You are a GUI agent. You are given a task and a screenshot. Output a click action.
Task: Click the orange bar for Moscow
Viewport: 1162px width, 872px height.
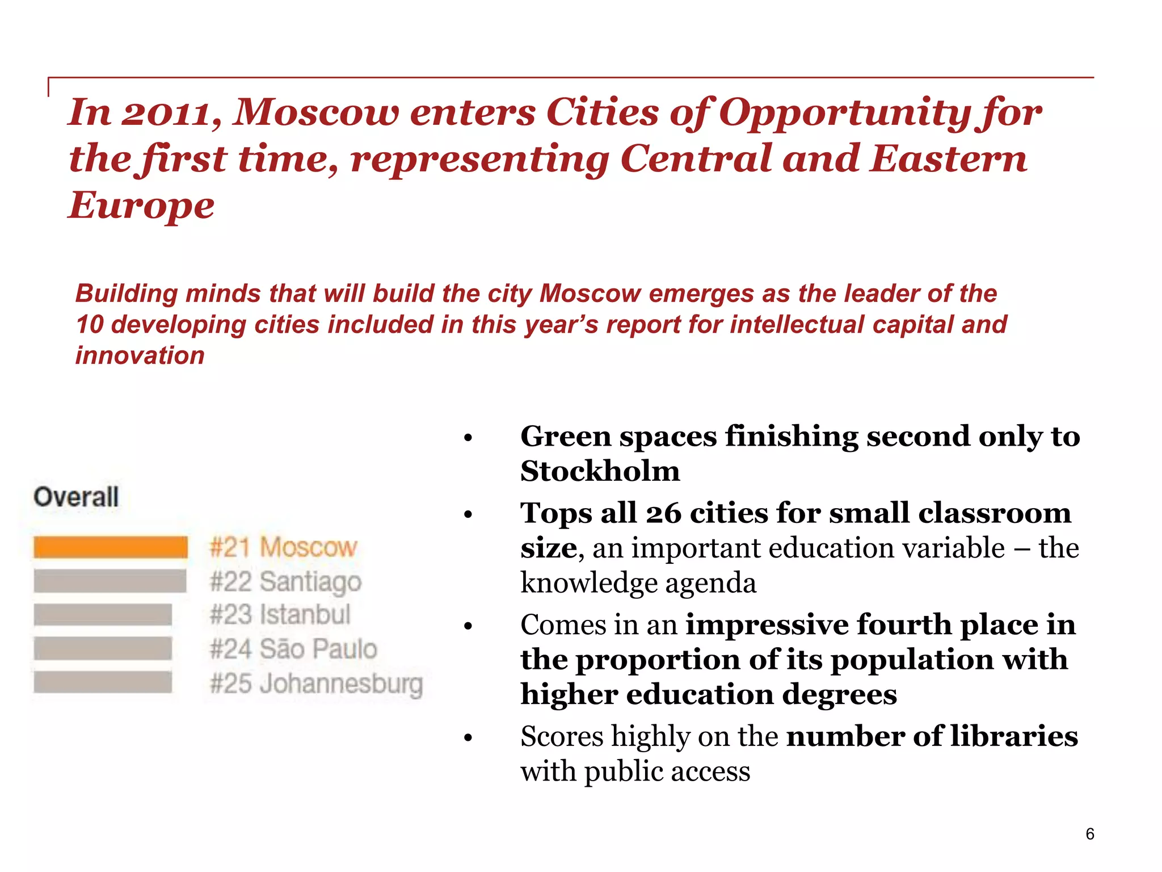pyautogui.click(x=111, y=547)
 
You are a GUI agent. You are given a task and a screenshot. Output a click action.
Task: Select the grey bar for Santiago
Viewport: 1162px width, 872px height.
pyautogui.click(x=110, y=581)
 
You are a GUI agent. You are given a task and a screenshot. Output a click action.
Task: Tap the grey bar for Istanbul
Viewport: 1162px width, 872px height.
pyautogui.click(x=103, y=615)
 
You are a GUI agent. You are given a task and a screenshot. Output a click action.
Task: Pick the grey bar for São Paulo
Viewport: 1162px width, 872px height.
pyautogui.click(x=103, y=648)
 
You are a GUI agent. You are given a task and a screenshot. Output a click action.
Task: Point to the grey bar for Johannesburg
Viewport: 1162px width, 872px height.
pyautogui.click(x=103, y=682)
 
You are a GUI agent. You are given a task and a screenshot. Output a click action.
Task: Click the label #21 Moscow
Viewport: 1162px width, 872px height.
pyautogui.click(x=283, y=547)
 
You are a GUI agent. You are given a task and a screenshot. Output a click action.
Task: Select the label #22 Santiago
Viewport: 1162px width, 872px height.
pyautogui.click(x=285, y=582)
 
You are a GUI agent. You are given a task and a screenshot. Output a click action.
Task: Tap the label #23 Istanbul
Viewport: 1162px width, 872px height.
pyautogui.click(x=280, y=615)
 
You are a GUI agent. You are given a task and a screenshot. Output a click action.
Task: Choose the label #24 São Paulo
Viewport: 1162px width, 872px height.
pyautogui.click(x=293, y=649)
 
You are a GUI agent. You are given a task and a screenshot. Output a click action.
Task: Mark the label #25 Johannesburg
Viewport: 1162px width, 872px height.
pyautogui.click(x=316, y=684)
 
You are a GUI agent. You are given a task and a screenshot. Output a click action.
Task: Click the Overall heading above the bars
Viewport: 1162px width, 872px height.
pyautogui.click(x=76, y=497)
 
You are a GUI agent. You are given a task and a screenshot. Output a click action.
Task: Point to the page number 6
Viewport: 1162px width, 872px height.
pyautogui.click(x=1089, y=834)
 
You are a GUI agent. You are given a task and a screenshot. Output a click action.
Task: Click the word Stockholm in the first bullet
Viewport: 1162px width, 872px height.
pyautogui.click(x=600, y=471)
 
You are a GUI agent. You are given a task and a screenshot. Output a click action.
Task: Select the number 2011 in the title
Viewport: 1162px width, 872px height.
pyautogui.click(x=171, y=112)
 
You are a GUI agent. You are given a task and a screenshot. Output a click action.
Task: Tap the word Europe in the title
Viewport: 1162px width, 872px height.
pyautogui.click(x=141, y=206)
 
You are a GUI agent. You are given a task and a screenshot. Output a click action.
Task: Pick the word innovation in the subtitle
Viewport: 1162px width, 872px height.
pyautogui.click(x=140, y=356)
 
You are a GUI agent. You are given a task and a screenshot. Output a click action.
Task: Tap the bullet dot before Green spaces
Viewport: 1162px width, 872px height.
pyautogui.click(x=468, y=438)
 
